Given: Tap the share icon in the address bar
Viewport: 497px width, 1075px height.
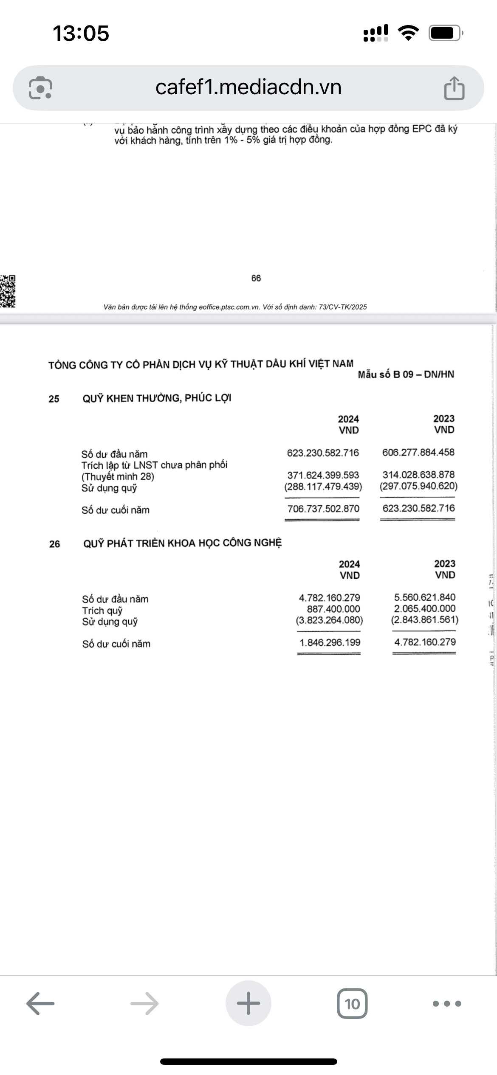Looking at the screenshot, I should pyautogui.click(x=454, y=88).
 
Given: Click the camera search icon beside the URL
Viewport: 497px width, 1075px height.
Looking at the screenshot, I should pyautogui.click(x=40, y=88).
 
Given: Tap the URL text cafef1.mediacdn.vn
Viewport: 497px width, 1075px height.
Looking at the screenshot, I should pyautogui.click(x=248, y=87).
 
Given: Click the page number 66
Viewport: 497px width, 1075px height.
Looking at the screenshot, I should pyautogui.click(x=256, y=278).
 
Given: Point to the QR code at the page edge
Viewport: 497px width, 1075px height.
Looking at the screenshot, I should pyautogui.click(x=8, y=291).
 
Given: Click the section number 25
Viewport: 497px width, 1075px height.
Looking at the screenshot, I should pyautogui.click(x=54, y=399).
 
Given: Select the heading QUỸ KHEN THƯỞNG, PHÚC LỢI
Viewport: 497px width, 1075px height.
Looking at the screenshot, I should pyautogui.click(x=157, y=398).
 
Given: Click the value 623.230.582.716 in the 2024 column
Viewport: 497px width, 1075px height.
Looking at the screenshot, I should pyautogui.click(x=323, y=453).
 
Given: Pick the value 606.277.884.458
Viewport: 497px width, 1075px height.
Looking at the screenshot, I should pyautogui.click(x=418, y=453).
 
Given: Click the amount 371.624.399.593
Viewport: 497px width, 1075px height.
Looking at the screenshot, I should pyautogui.click(x=323, y=475).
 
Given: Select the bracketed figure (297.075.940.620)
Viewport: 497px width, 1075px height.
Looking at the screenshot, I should pyautogui.click(x=418, y=486).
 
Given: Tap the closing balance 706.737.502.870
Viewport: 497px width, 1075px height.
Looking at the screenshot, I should pyautogui.click(x=323, y=509).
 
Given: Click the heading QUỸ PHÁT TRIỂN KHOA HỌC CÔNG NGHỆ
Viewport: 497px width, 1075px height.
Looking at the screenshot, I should pyautogui.click(x=182, y=543).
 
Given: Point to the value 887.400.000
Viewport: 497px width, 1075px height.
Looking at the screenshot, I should pyautogui.click(x=333, y=609).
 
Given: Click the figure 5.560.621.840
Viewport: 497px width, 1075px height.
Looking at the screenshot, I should pyautogui.click(x=425, y=597).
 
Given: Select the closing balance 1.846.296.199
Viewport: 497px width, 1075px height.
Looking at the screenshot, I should pyautogui.click(x=330, y=643).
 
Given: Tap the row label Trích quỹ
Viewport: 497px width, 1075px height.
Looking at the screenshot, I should pyautogui.click(x=102, y=611).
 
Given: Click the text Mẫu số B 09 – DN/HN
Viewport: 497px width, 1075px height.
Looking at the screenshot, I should pyautogui.click(x=406, y=374).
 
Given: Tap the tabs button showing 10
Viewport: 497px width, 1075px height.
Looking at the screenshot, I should pyautogui.click(x=352, y=1004).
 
